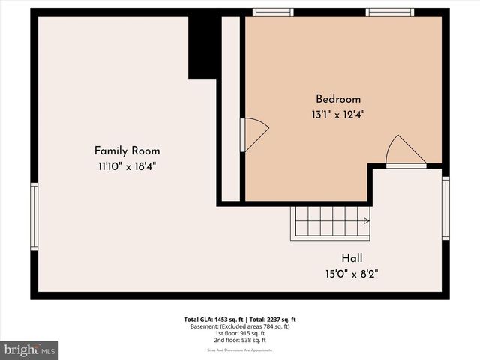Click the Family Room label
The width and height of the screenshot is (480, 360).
point(127,151)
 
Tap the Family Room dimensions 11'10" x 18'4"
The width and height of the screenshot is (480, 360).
point(127,166)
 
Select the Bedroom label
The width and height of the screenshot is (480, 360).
point(338,99)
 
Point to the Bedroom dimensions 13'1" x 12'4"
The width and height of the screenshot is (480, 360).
point(338,115)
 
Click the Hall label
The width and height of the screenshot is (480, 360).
point(352,257)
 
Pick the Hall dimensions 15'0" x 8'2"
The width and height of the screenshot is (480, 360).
point(352,273)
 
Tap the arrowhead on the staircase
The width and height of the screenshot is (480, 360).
point(366,221)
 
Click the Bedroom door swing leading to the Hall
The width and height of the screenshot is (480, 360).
point(404,152)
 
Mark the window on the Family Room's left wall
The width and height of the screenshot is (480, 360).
point(34,216)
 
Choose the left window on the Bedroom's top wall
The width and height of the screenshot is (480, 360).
point(273,12)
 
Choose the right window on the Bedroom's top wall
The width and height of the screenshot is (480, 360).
point(389,12)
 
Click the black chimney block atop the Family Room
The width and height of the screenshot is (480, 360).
point(202,45)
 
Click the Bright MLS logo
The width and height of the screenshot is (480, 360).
point(30,349)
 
